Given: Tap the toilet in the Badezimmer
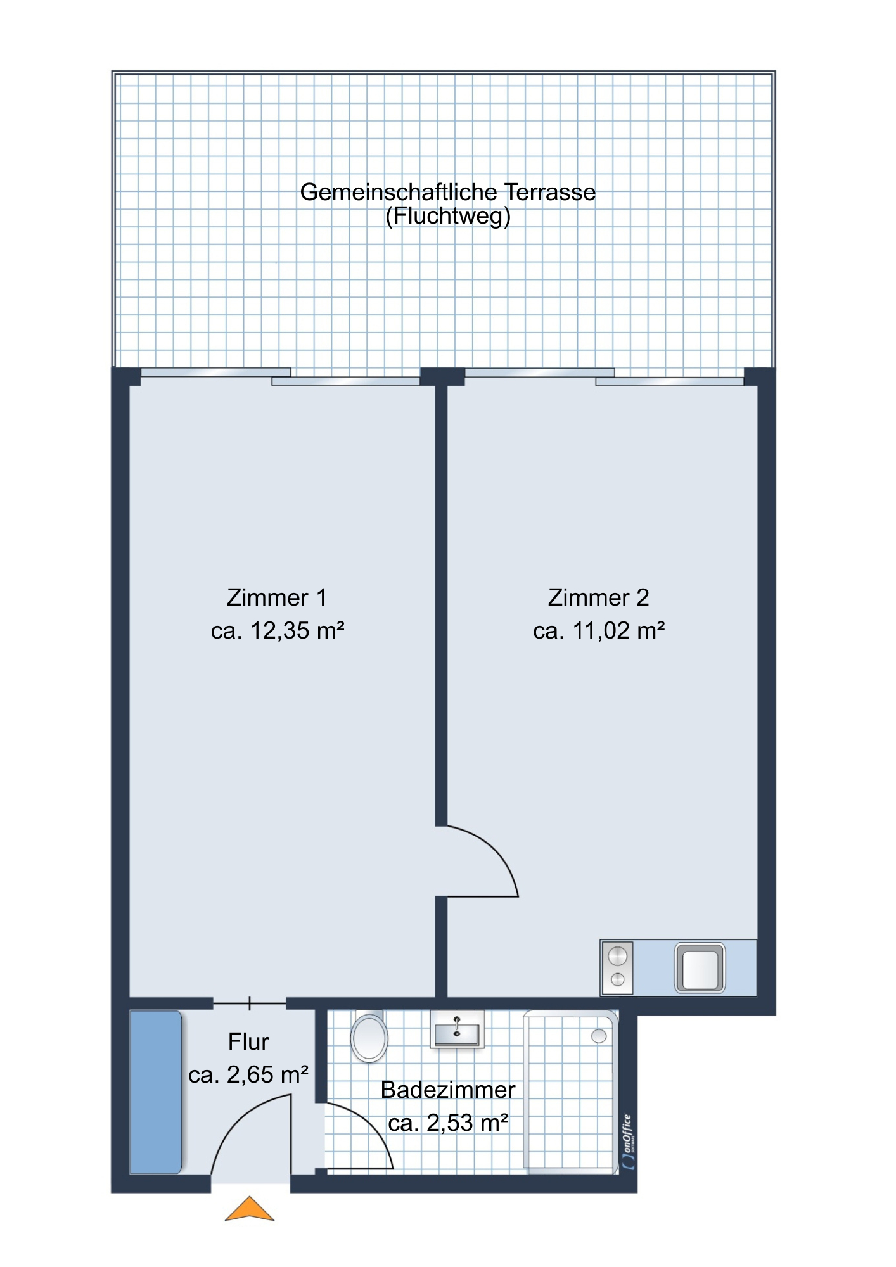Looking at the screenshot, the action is [x=369, y=1036].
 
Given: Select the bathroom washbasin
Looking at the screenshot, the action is [x=457, y=1029].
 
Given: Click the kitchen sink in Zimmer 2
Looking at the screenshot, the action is [x=700, y=967].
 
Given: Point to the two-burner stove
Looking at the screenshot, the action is [x=617, y=967].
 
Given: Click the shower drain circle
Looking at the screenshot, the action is [x=599, y=1036].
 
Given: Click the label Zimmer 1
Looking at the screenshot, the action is [x=277, y=597].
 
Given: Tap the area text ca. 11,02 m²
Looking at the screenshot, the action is [x=599, y=631].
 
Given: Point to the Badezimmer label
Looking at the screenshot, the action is [x=448, y=1090].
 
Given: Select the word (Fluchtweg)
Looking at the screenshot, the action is [x=448, y=217].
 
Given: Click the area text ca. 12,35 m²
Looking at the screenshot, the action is [x=278, y=631].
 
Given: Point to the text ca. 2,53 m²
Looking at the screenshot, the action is [x=448, y=1123].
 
